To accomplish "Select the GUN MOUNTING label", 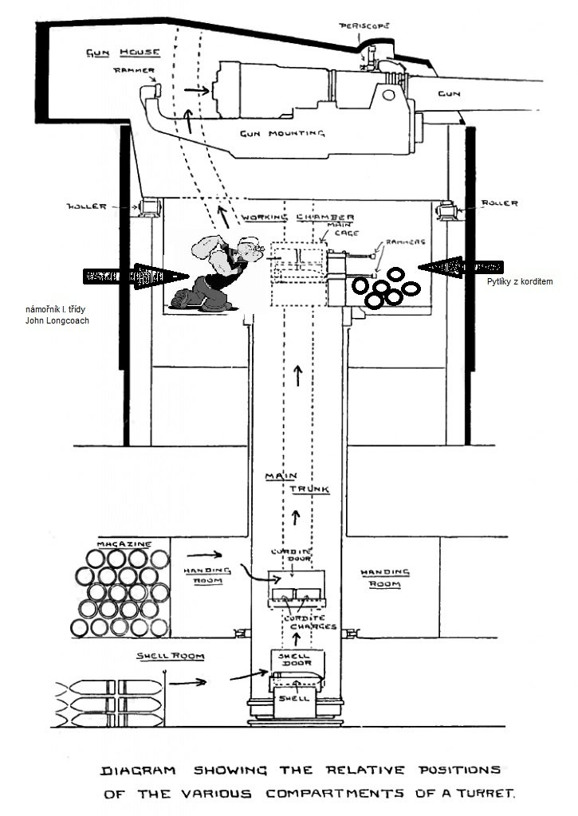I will click(282, 133).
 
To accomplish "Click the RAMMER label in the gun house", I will click(133, 70).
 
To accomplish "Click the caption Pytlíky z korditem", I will click(520, 283).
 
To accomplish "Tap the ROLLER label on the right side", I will click(499, 203).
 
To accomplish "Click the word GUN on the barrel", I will click(448, 94).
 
